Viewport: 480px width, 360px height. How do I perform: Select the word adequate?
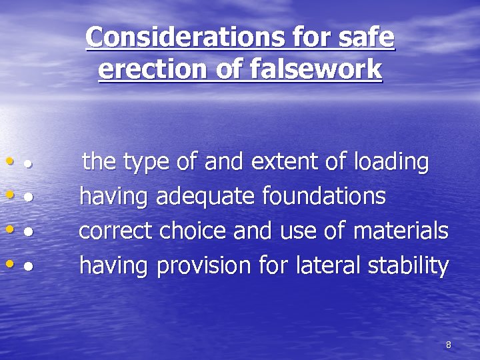206,197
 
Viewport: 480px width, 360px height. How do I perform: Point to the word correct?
115,231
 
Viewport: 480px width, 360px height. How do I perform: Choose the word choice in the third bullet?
193,231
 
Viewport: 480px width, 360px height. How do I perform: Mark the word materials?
400,231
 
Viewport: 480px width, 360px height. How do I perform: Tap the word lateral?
324,266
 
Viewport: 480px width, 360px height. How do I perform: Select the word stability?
407,267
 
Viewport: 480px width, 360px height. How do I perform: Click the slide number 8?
448,345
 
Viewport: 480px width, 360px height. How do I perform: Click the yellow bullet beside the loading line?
9,161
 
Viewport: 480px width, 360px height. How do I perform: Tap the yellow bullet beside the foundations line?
9,195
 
